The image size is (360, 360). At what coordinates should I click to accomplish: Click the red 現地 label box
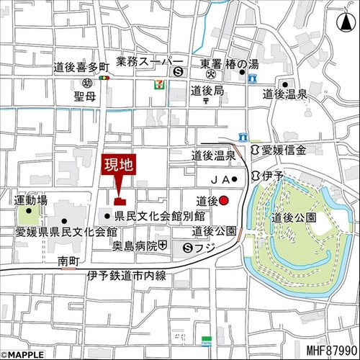coord(118,166)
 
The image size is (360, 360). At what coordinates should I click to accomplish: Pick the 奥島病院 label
coord(135,247)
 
